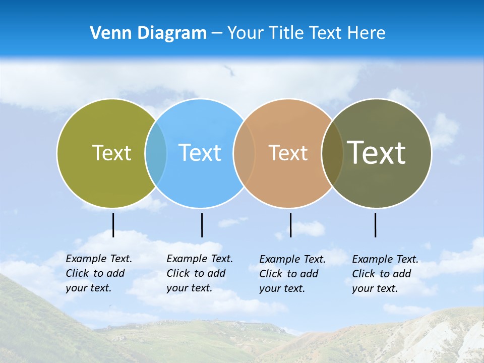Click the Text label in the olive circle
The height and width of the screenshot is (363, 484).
point(111,153)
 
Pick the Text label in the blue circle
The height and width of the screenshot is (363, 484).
point(200,153)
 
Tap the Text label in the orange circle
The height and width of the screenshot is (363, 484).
point(288,153)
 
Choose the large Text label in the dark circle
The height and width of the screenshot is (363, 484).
point(376,152)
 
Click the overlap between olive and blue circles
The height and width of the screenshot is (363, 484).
point(156,153)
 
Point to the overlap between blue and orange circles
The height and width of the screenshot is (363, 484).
point(244,153)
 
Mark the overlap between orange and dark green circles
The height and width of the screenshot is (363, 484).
point(332,153)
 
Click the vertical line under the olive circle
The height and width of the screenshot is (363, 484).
point(113,225)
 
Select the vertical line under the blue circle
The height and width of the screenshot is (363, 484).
point(202,225)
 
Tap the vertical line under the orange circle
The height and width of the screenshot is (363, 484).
point(290,225)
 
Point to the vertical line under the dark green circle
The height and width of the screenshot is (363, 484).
point(375,225)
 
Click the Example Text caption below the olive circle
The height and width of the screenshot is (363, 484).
point(98,273)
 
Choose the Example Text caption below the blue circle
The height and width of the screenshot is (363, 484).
point(199,273)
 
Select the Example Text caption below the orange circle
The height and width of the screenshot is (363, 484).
point(292,274)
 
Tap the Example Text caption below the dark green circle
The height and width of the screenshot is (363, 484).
point(385,274)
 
